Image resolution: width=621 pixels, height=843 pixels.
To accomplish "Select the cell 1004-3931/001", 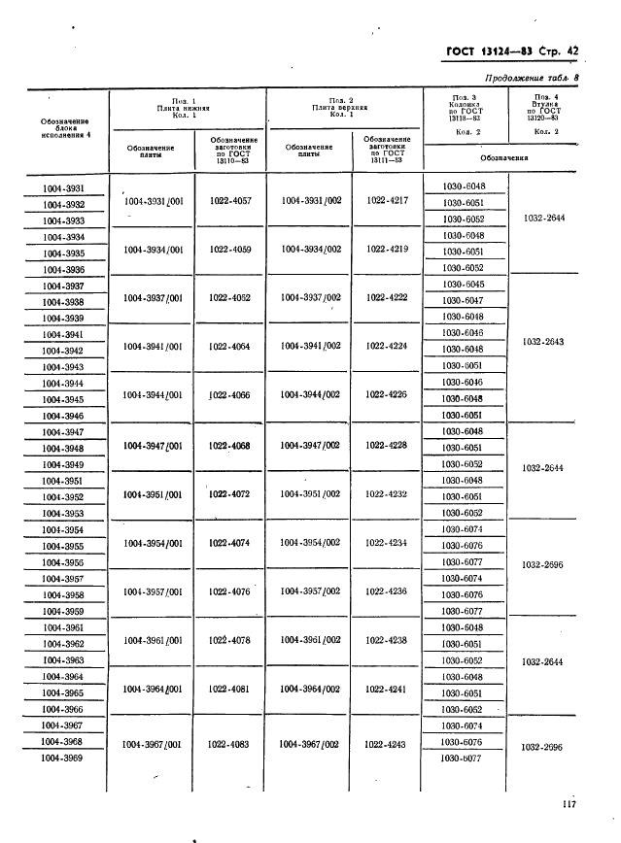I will (x=154, y=201).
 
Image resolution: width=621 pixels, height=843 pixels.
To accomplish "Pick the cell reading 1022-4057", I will (x=230, y=201).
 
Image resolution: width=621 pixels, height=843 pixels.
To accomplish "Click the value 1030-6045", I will (x=463, y=284).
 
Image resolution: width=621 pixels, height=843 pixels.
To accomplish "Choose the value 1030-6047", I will (x=463, y=300).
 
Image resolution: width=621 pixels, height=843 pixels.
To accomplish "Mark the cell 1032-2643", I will (x=543, y=341).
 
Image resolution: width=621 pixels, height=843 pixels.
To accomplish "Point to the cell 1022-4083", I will (x=229, y=744).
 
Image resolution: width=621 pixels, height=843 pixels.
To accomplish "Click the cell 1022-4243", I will (x=387, y=744).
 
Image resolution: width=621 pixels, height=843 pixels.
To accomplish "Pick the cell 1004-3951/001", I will (x=154, y=494).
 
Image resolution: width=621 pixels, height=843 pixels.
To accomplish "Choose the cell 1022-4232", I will (x=387, y=493).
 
